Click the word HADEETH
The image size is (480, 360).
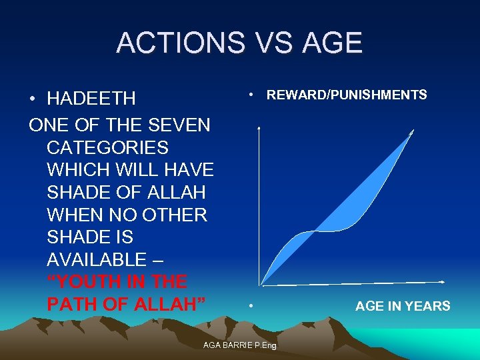(91, 99)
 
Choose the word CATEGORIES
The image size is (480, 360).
(107, 147)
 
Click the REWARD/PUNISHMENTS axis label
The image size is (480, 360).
(347, 95)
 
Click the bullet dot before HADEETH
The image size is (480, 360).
(33, 99)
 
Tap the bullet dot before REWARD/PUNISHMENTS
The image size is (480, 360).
(250, 95)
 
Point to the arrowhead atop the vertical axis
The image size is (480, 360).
(259, 126)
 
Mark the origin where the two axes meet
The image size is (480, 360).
(259, 285)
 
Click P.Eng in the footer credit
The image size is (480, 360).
(268, 345)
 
